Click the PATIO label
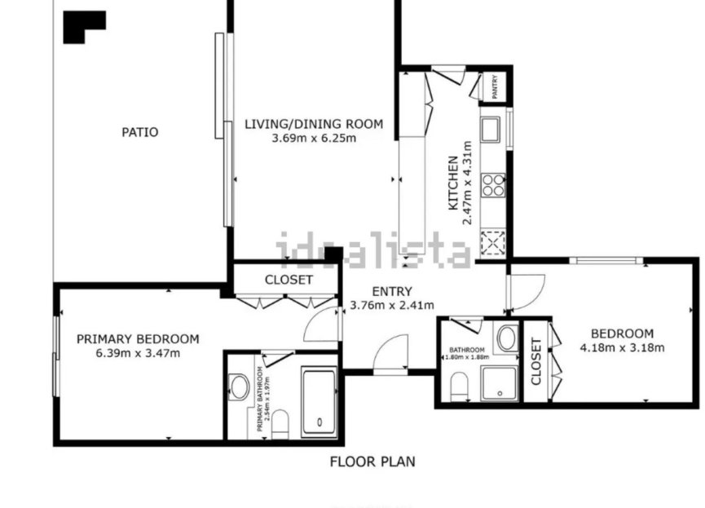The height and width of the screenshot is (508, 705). tap(139, 132)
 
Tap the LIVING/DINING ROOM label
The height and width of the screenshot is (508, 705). tap(314, 124)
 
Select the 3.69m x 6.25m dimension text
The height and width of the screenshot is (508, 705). tap(314, 138)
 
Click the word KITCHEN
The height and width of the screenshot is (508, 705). tap(453, 183)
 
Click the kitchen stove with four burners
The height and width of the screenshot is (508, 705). tap(493, 186)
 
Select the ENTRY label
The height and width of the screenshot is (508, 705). tap(392, 292)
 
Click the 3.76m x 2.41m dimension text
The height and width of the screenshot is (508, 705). tap(392, 306)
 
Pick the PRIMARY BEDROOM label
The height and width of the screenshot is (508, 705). tap(138, 339)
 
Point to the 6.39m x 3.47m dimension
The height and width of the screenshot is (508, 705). tap(138, 353)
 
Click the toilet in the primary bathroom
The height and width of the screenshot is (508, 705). tap(280, 422)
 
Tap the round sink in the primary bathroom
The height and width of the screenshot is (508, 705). tap(239, 387)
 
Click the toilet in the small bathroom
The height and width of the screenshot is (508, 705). tap(459, 387)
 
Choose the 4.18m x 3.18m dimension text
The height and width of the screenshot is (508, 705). tap(622, 347)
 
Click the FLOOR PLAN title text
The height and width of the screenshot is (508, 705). tap(372, 462)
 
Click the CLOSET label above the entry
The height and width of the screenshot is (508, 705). tap(289, 280)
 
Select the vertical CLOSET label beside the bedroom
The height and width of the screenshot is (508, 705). tap(536, 361)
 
